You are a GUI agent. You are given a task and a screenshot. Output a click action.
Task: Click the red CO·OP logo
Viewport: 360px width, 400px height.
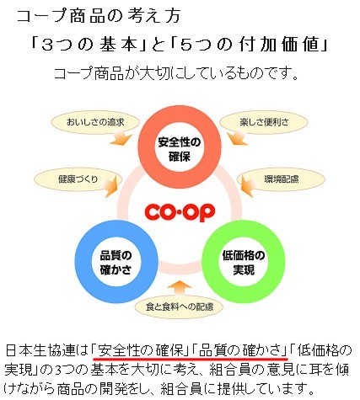(x=180, y=212)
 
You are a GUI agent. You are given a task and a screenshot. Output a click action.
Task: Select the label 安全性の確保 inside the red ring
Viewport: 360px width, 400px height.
(x=180, y=149)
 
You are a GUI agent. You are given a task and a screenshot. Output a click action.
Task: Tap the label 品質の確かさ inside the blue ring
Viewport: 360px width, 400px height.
(x=116, y=263)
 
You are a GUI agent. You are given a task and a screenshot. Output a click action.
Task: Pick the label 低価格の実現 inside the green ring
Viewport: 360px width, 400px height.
(x=244, y=263)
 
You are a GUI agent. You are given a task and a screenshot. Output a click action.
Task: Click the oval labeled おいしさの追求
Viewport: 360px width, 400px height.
(x=95, y=122)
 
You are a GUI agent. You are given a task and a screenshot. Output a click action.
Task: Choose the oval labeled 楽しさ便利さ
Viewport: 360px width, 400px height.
(x=264, y=122)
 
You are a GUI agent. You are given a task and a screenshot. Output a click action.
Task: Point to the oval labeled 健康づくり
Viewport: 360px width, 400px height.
(x=78, y=179)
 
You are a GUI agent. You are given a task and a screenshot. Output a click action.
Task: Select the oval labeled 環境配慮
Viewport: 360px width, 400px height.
(x=282, y=179)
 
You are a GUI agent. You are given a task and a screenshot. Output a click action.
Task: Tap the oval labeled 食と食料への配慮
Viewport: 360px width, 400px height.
(x=179, y=307)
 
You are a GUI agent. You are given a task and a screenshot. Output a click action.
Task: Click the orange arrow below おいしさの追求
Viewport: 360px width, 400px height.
(x=121, y=138)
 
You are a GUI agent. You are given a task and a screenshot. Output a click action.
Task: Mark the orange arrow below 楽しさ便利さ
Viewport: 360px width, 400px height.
(x=238, y=138)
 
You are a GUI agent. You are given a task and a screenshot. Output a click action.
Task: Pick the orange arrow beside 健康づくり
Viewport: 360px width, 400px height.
(x=111, y=186)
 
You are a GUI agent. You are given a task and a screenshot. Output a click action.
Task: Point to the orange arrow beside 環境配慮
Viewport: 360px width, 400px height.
(x=247, y=186)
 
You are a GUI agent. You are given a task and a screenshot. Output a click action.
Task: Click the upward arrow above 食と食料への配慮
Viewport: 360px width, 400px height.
(x=179, y=289)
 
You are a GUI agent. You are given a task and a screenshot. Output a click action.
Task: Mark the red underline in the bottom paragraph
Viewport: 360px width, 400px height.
(x=191, y=359)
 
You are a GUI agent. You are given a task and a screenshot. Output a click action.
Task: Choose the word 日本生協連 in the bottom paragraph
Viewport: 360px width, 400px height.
(x=40, y=351)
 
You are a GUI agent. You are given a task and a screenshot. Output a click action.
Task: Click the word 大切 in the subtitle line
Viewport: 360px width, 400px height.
(x=154, y=73)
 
